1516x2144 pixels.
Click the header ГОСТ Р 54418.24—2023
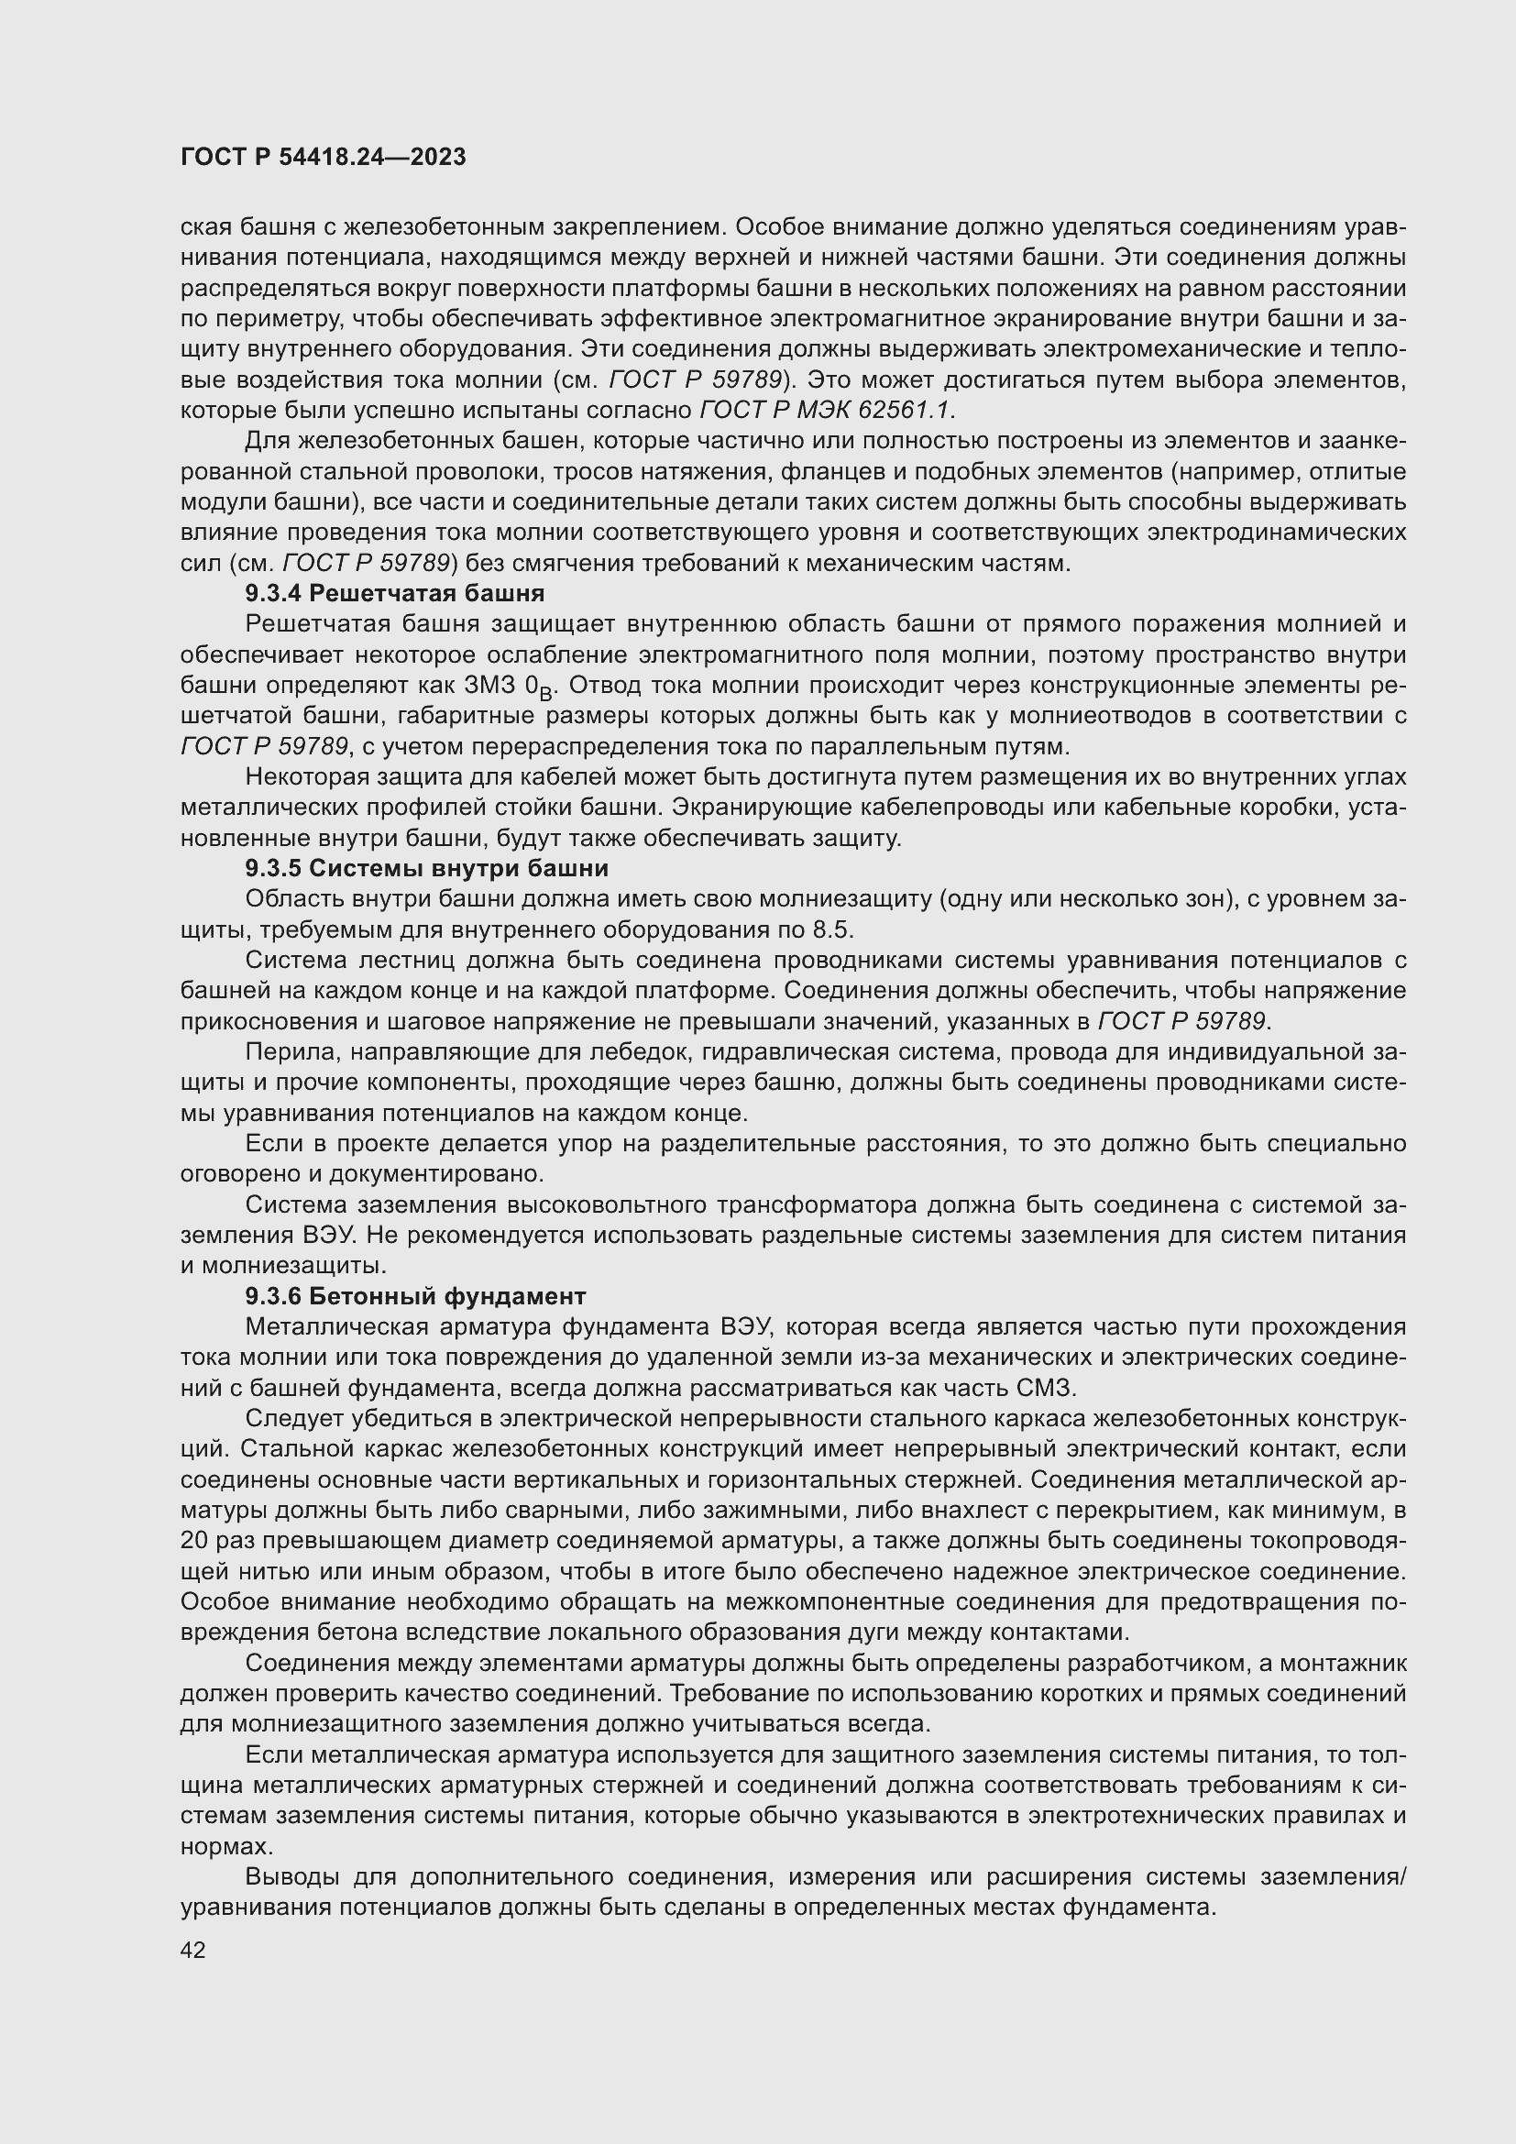(x=323, y=157)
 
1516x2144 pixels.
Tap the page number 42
(x=193, y=1950)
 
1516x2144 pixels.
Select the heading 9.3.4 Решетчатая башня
(x=394, y=593)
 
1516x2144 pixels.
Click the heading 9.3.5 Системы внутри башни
(x=426, y=868)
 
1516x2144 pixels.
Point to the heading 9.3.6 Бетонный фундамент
(x=415, y=1296)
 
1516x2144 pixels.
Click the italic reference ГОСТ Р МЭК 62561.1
(x=826, y=410)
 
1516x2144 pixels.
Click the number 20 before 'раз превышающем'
(x=194, y=1541)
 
